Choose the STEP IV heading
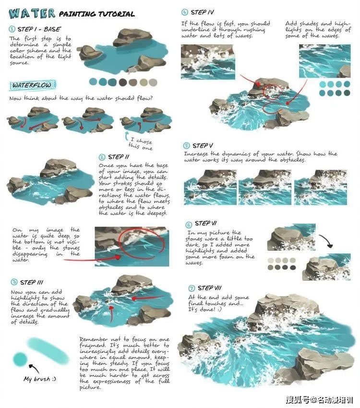[x=199, y=12]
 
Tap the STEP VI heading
[x=206, y=224]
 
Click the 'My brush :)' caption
[x=40, y=379]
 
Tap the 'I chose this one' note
[x=140, y=144]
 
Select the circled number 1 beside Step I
[x=12, y=29]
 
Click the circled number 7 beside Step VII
[x=192, y=288]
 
